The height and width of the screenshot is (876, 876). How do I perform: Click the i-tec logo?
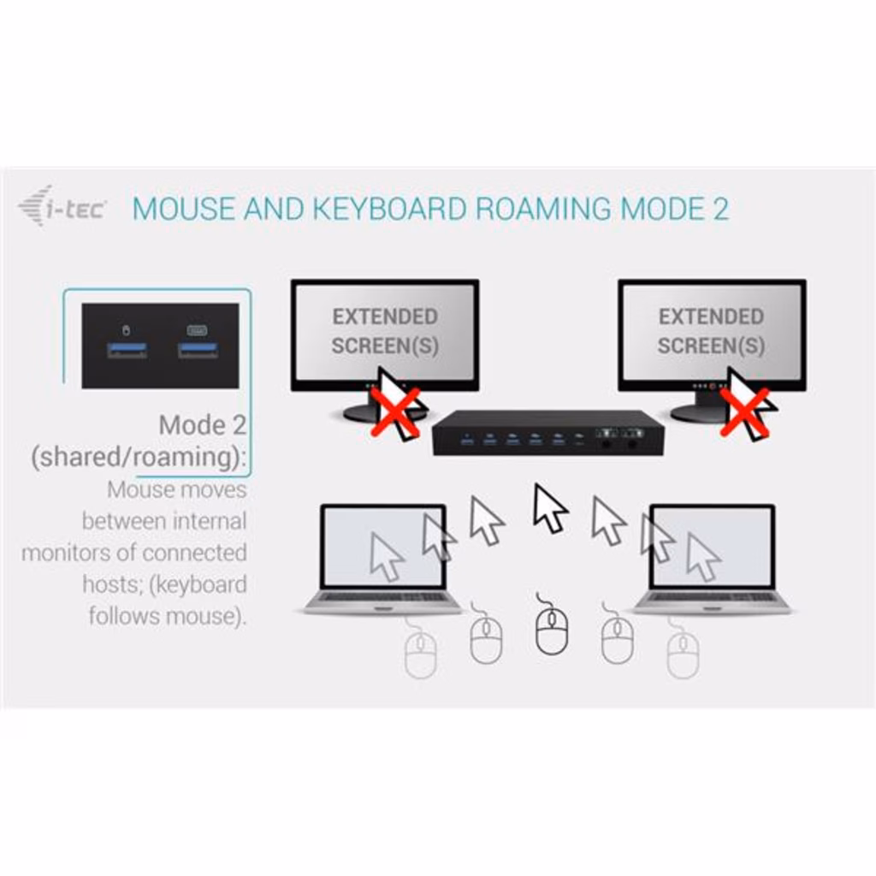(x=62, y=206)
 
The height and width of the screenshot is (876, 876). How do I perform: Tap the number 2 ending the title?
(x=720, y=209)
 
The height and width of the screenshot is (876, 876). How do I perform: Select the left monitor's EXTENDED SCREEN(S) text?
(x=384, y=331)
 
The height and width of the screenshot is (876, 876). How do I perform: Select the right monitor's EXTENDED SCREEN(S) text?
(x=710, y=331)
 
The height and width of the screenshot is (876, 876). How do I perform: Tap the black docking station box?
(x=547, y=433)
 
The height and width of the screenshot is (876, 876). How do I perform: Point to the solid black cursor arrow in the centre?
(x=549, y=507)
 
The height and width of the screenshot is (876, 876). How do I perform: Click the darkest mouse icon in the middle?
(x=551, y=630)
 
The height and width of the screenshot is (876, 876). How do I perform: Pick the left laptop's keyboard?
(x=382, y=597)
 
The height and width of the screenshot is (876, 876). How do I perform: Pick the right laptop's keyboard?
(x=712, y=597)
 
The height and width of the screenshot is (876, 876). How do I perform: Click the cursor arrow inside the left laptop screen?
(x=387, y=556)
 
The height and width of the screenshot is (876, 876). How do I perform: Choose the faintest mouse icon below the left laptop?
(x=420, y=654)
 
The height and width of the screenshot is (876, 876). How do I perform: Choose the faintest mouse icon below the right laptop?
(x=683, y=654)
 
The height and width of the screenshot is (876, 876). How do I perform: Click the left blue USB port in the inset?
(x=127, y=350)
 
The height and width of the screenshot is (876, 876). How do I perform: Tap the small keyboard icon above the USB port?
(x=198, y=329)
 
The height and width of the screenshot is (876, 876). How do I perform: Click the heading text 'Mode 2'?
(x=202, y=425)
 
